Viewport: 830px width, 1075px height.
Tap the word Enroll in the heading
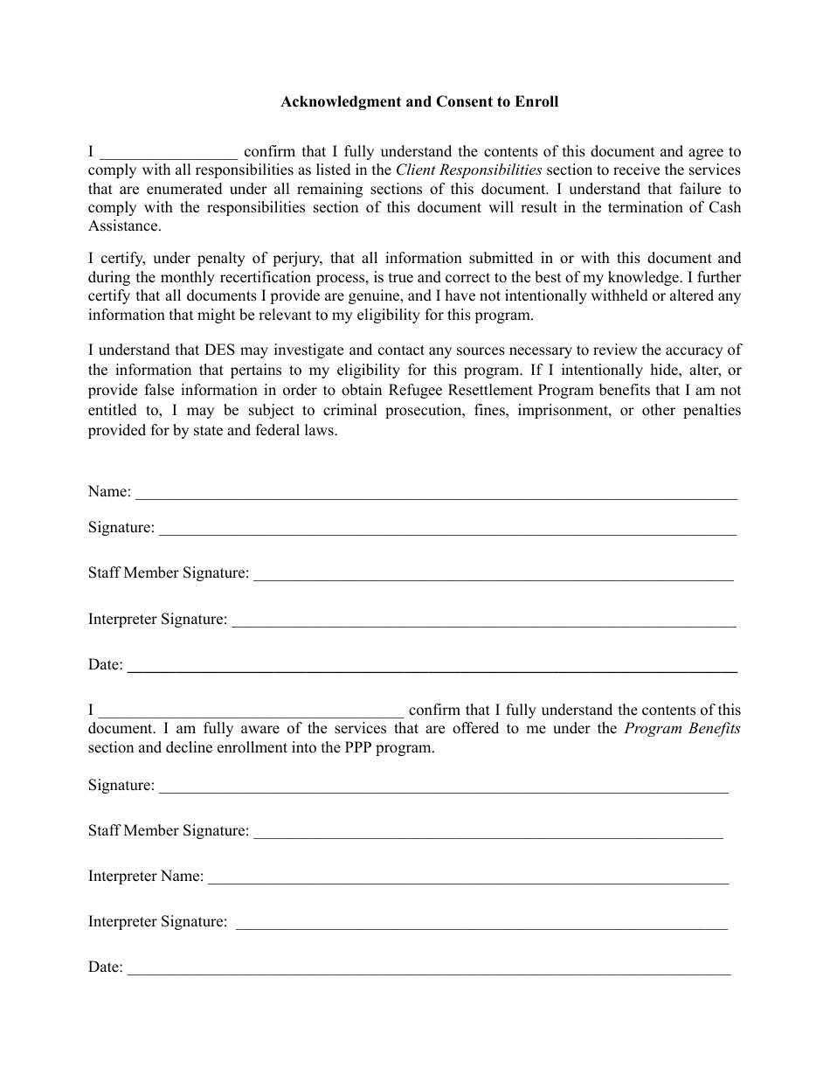(x=536, y=101)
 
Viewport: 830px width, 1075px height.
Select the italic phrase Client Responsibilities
(x=468, y=170)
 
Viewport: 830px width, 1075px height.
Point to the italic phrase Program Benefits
(x=681, y=728)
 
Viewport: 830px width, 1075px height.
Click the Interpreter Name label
(x=145, y=876)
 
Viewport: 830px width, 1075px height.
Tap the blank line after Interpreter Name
(x=467, y=881)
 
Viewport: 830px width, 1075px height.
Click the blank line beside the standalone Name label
(x=437, y=496)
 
